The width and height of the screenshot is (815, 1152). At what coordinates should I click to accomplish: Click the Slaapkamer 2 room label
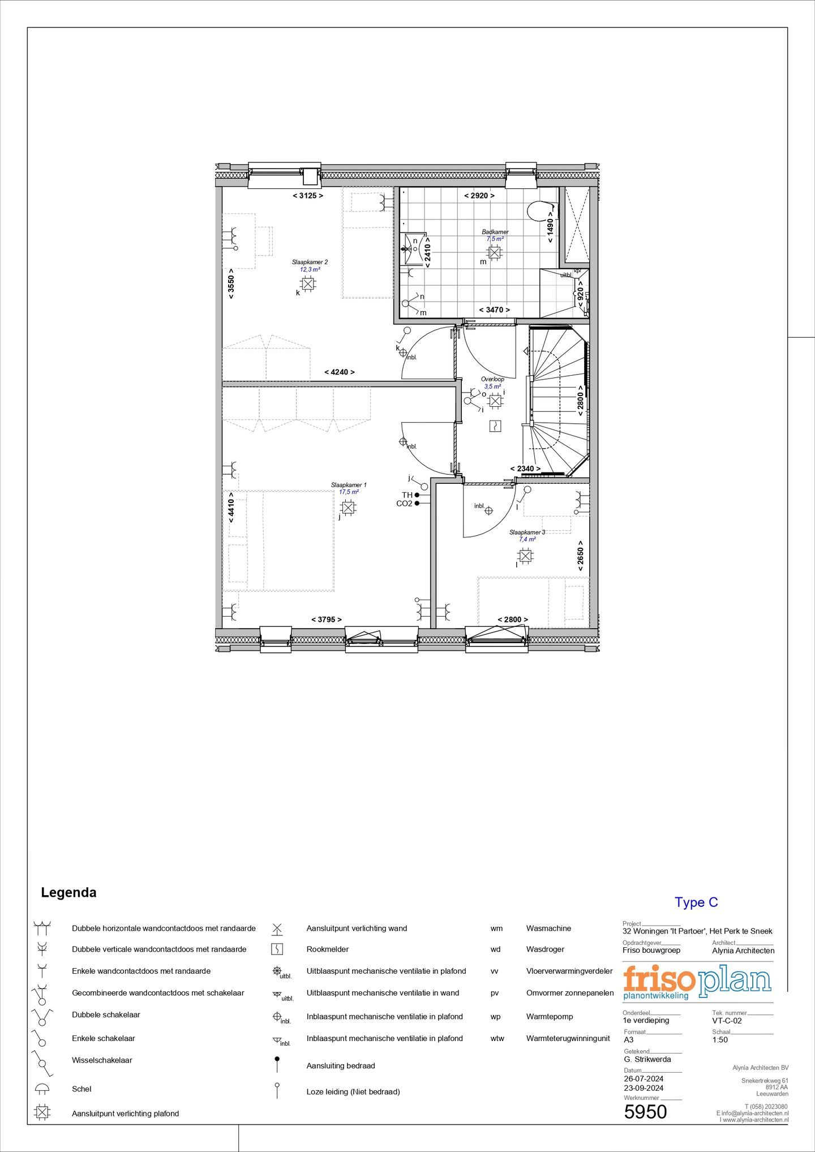(x=310, y=262)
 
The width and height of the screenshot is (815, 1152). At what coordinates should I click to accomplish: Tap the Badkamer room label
(x=495, y=232)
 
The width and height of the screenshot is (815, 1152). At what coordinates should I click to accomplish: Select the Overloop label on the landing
(x=492, y=379)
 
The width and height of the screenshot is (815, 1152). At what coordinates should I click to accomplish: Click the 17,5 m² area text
(x=349, y=492)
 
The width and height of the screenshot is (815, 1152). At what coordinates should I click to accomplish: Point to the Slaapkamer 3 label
(x=527, y=532)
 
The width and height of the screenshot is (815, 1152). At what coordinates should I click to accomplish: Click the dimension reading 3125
(x=308, y=196)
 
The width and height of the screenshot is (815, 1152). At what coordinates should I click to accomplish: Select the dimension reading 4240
(x=339, y=372)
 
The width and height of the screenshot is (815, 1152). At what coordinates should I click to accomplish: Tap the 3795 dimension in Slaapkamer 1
(x=327, y=620)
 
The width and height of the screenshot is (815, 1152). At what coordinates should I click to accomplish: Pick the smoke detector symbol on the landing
(x=495, y=425)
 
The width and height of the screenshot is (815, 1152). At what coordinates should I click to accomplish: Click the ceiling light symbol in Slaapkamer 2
(x=308, y=283)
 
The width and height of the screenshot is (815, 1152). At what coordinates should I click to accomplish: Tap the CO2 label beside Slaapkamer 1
(x=404, y=504)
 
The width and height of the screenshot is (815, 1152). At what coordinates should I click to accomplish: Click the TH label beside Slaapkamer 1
(x=407, y=495)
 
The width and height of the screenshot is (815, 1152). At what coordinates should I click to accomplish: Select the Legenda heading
(x=68, y=893)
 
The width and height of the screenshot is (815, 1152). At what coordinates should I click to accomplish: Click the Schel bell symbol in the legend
(x=42, y=1089)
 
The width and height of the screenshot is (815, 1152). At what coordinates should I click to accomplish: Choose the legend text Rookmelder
(x=328, y=949)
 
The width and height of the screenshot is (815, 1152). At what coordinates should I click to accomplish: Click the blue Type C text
(x=696, y=903)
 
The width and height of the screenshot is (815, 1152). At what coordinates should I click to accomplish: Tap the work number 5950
(x=645, y=1112)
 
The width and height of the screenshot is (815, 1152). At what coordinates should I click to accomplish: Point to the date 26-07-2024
(x=644, y=1079)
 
